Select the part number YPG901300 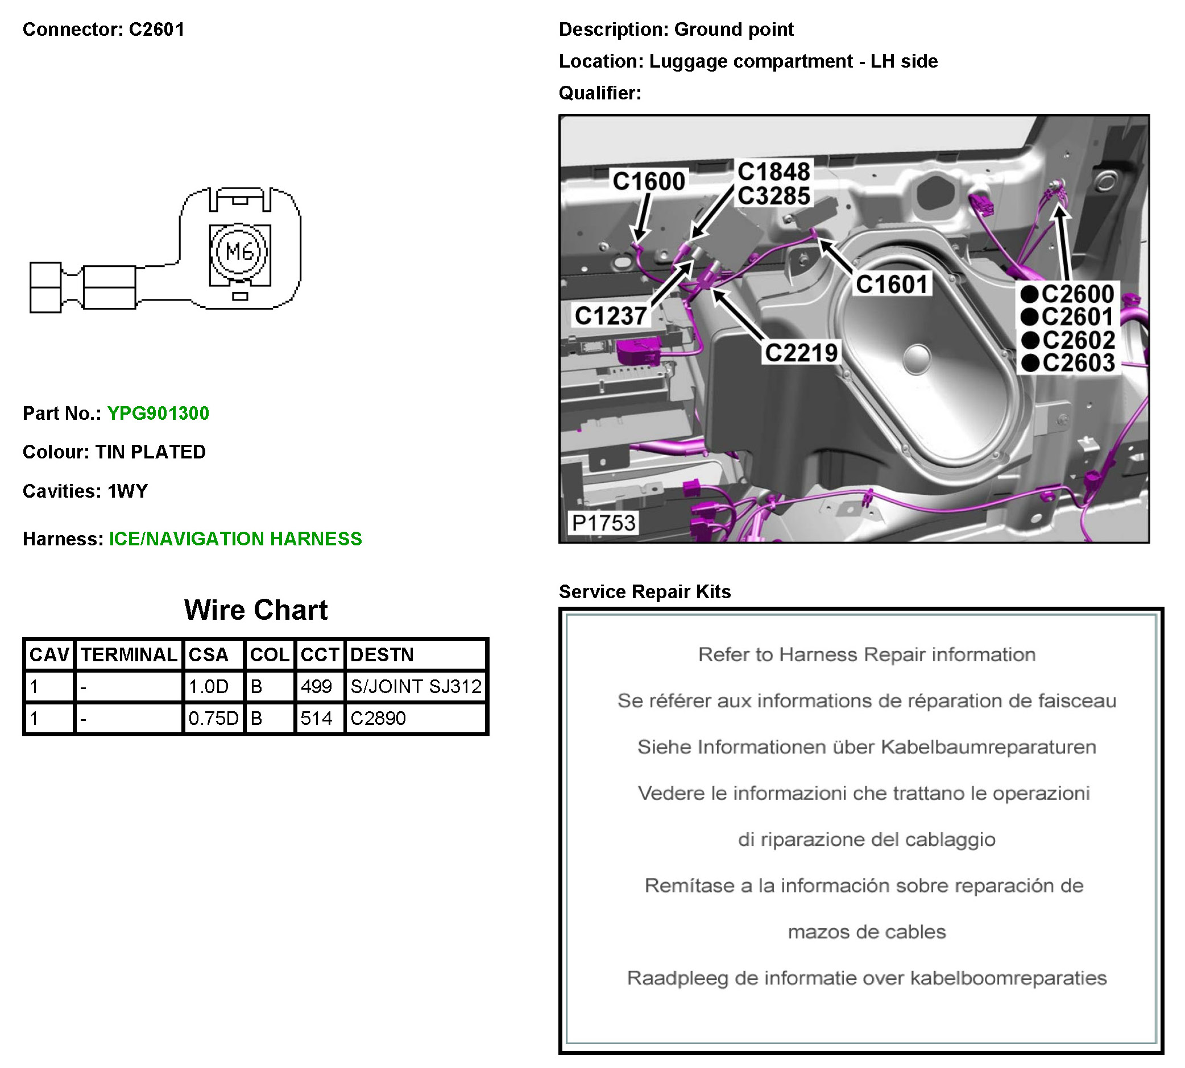point(158,413)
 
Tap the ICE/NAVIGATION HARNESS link point(235,539)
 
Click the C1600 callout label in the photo point(648,181)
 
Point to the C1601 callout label point(892,284)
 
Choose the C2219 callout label point(801,353)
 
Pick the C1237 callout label point(611,316)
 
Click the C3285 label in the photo point(774,196)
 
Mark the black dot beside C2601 point(1029,317)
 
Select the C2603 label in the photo point(1078,362)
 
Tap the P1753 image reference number point(604,523)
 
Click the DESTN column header point(382,654)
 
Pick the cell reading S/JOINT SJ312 point(416,686)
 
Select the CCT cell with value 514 point(317,717)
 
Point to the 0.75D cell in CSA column point(213,717)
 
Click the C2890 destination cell point(378,717)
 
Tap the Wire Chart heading point(255,610)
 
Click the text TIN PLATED point(150,452)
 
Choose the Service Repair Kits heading point(645,591)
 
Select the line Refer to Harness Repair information point(866,654)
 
